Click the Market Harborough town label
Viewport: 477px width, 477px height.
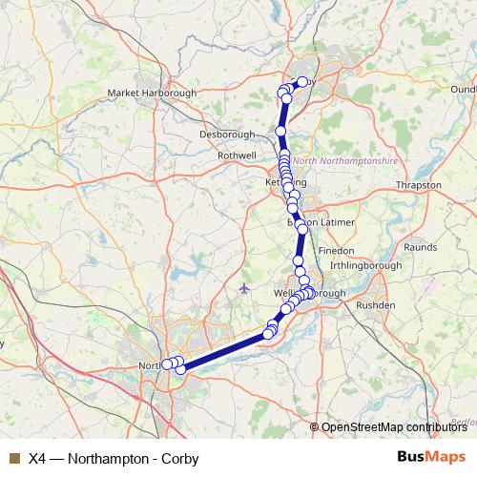(152, 93)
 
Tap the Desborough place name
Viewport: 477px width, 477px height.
(227, 135)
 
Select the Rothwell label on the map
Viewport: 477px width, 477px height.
(238, 155)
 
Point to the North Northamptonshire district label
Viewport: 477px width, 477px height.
(344, 161)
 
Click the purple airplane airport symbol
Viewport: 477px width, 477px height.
(246, 287)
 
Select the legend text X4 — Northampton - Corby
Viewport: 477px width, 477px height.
(114, 458)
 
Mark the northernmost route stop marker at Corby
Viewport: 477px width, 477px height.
(303, 82)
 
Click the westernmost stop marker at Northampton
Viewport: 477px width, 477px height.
(166, 363)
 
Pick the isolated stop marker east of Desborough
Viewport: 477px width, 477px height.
(280, 131)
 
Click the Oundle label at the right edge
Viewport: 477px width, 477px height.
(463, 89)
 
